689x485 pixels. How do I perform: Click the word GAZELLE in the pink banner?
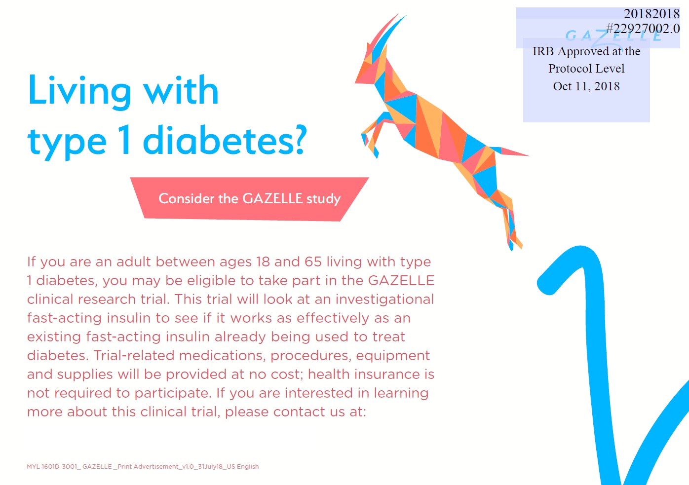point(272,199)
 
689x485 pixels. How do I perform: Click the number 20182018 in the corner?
point(651,13)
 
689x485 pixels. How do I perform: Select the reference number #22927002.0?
point(643,28)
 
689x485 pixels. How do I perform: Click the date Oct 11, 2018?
point(586,86)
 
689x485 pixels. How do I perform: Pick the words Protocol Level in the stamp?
point(586,68)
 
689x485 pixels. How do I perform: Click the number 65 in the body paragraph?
point(313,261)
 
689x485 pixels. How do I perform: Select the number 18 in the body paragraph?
point(263,261)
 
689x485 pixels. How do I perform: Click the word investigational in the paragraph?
point(384,299)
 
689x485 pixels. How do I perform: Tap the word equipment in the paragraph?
point(393,356)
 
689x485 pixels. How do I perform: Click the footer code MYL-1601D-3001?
point(52,467)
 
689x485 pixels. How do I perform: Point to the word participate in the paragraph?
point(173,393)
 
